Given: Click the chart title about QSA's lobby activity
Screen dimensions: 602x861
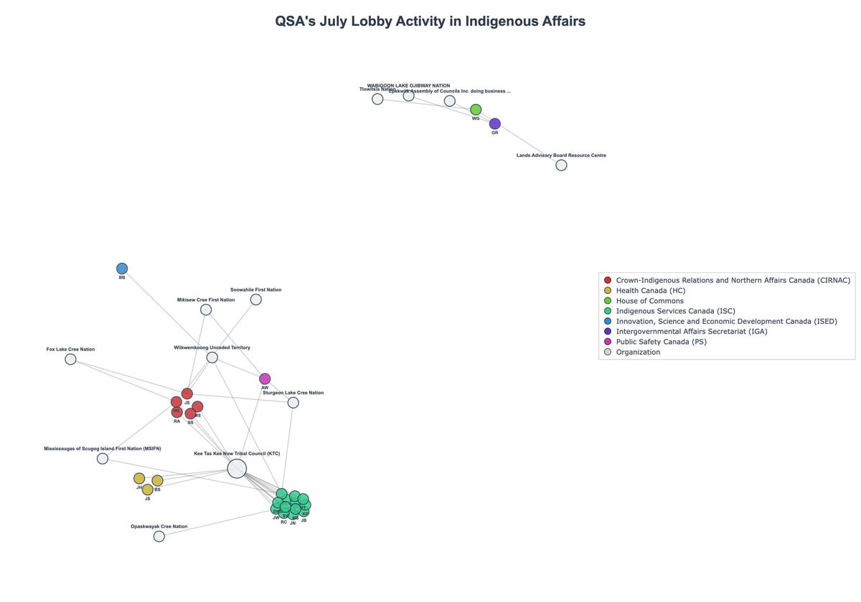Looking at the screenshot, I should pyautogui.click(x=430, y=21).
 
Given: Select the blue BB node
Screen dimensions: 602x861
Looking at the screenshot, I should pyautogui.click(x=122, y=269).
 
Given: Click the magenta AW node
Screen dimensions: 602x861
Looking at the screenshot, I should pyautogui.click(x=265, y=379).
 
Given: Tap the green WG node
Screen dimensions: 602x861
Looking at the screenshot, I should pyautogui.click(x=476, y=110).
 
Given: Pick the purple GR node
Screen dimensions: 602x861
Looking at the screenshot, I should pyautogui.click(x=495, y=124).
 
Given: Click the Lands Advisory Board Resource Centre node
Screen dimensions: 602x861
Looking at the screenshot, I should pyautogui.click(x=561, y=166).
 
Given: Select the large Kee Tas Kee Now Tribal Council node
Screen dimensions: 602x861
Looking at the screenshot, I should pyautogui.click(x=237, y=469).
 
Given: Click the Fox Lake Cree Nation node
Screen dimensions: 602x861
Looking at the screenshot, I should pyautogui.click(x=70, y=359).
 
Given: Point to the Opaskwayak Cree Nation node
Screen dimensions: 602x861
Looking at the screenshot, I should pyautogui.click(x=159, y=536).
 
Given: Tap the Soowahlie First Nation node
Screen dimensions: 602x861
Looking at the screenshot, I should pyautogui.click(x=256, y=300).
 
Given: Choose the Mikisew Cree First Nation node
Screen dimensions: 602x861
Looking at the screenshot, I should pyautogui.click(x=206, y=310).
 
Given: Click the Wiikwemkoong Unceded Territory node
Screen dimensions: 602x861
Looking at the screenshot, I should pyautogui.click(x=212, y=358).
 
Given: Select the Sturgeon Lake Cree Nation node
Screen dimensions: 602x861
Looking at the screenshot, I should pyautogui.click(x=293, y=403).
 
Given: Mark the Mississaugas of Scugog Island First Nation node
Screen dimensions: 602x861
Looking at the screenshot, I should pyautogui.click(x=103, y=459).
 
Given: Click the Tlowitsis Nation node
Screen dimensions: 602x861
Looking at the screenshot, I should pyautogui.click(x=377, y=99).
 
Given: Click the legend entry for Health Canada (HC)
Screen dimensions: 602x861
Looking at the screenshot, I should pyautogui.click(x=650, y=290).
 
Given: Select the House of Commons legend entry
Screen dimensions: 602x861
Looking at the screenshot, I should pyautogui.click(x=649, y=301).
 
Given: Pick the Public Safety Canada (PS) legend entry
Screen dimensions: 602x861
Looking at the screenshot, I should pyautogui.click(x=661, y=342).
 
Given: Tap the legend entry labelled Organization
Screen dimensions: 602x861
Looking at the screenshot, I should pyautogui.click(x=638, y=352).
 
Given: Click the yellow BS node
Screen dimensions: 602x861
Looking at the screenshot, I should pyautogui.click(x=157, y=481).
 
